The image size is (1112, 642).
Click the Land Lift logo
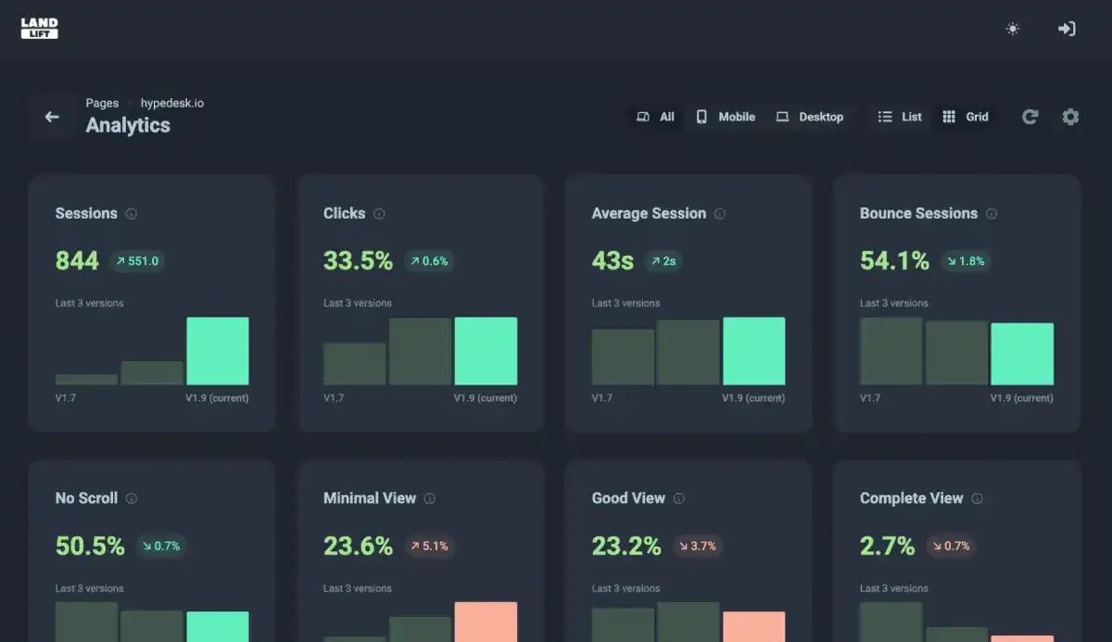pyautogui.click(x=40, y=29)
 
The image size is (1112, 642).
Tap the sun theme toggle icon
pyautogui.click(x=1013, y=29)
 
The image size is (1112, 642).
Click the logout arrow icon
pyautogui.click(x=1067, y=29)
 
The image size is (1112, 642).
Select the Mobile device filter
pyautogui.click(x=726, y=117)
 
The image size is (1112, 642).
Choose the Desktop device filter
pyautogui.click(x=810, y=117)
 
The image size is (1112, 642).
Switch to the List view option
pyautogui.click(x=900, y=117)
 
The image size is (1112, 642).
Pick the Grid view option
pyautogui.click(x=966, y=117)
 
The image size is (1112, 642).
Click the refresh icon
pyautogui.click(x=1030, y=117)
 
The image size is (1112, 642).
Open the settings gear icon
pyautogui.click(x=1070, y=117)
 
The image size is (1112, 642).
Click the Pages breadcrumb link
pyautogui.click(x=102, y=103)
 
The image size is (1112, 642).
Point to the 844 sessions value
pyautogui.click(x=77, y=261)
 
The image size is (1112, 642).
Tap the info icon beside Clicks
pyautogui.click(x=379, y=214)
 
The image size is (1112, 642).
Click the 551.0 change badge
pyautogui.click(x=137, y=261)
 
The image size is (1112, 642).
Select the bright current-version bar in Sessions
pyautogui.click(x=218, y=351)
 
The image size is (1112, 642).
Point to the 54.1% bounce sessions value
pyautogui.click(x=894, y=261)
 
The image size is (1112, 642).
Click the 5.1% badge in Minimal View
pyautogui.click(x=429, y=547)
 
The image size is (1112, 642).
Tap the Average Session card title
pyautogui.click(x=649, y=213)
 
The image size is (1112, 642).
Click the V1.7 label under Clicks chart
pyautogui.click(x=334, y=398)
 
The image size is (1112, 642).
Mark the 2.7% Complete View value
pyautogui.click(x=887, y=547)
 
